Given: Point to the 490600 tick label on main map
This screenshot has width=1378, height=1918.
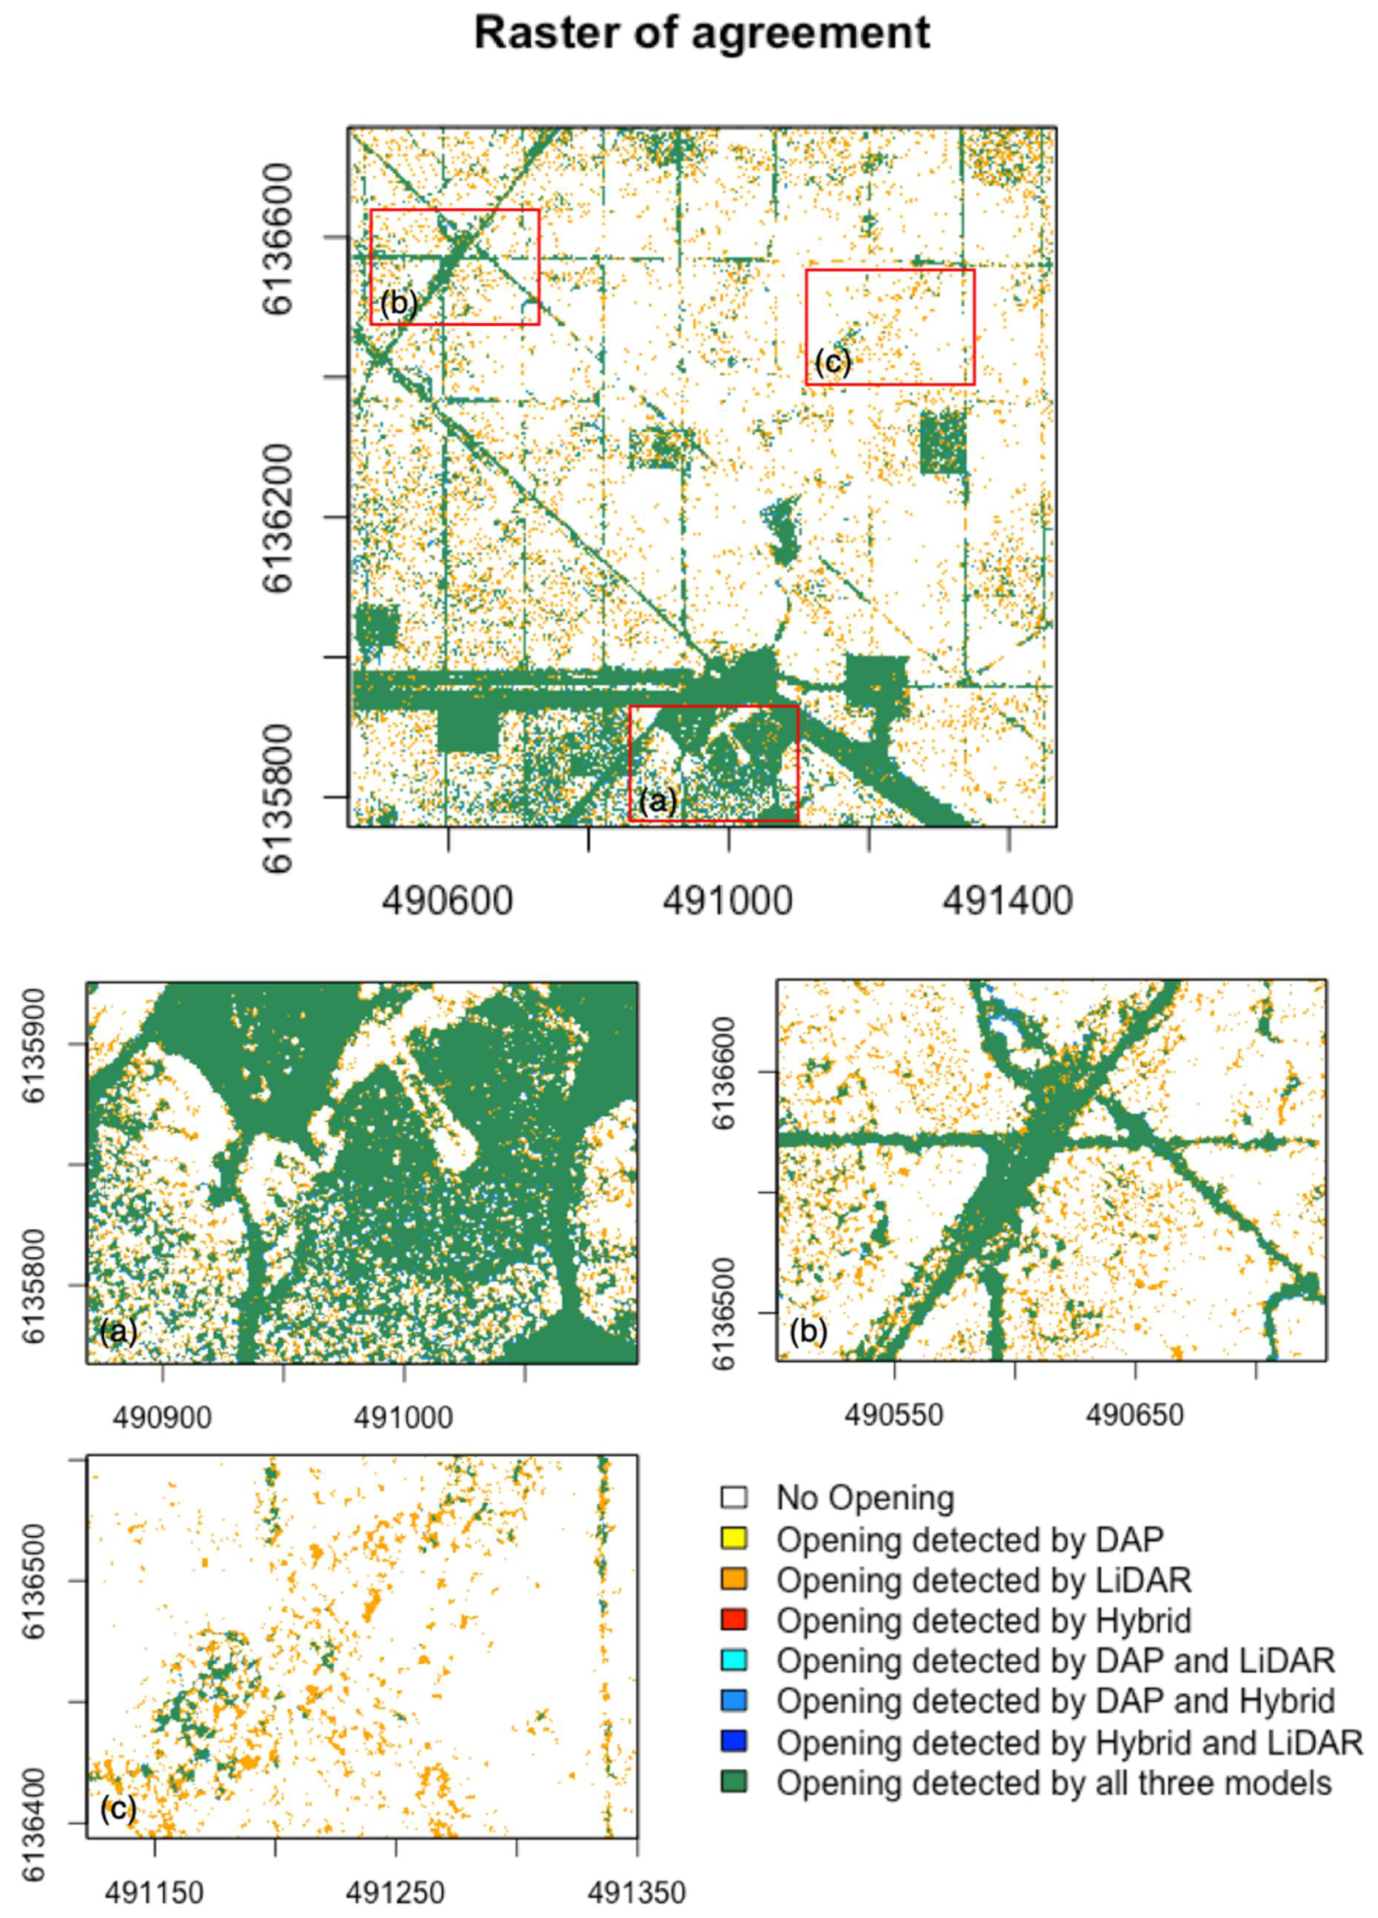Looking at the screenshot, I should (447, 901).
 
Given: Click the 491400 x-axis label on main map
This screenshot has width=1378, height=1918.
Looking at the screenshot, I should (1008, 901).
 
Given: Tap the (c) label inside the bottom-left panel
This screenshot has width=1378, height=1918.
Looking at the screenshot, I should (117, 1809).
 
